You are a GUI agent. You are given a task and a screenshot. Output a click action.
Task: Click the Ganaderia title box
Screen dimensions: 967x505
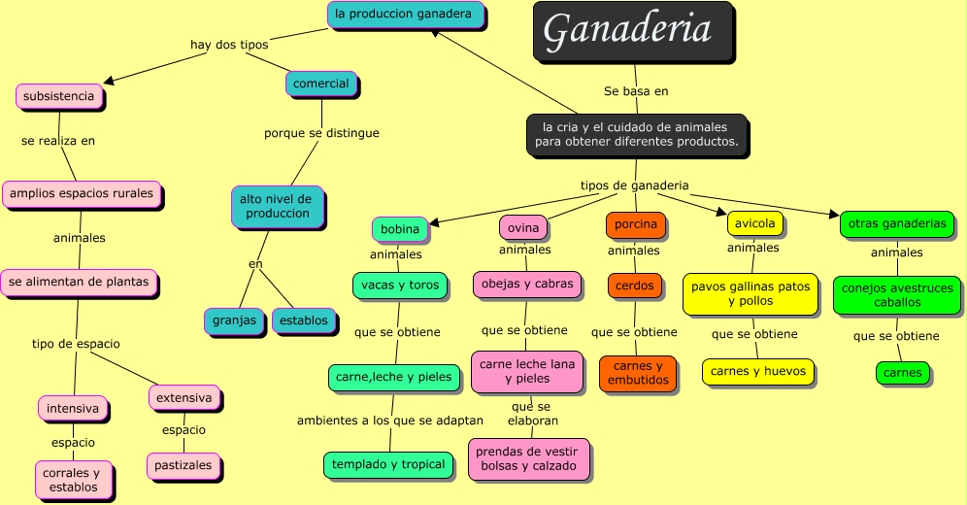(632, 31)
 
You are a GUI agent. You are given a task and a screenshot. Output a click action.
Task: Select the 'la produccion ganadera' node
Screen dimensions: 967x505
(403, 15)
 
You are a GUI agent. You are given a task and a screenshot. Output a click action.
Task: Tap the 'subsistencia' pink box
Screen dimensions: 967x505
(59, 96)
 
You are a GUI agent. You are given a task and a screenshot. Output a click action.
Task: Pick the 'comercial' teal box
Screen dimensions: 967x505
(321, 84)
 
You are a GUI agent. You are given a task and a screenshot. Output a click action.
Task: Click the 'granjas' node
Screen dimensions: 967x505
(234, 320)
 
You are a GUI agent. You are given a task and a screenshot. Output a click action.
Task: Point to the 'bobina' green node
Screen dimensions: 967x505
(400, 229)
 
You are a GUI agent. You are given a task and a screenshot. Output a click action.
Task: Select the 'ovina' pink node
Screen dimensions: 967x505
(523, 227)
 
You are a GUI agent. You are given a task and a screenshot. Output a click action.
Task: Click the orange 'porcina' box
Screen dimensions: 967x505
(636, 224)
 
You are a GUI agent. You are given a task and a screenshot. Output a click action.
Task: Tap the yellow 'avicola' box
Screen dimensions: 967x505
(754, 223)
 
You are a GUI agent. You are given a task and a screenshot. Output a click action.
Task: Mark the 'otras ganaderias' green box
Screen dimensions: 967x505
(896, 223)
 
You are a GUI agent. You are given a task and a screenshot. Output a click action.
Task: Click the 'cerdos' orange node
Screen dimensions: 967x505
(635, 286)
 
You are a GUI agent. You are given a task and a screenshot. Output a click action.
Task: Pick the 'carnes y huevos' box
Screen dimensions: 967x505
(757, 371)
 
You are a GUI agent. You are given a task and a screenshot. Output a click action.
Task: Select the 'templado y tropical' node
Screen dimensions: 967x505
(388, 464)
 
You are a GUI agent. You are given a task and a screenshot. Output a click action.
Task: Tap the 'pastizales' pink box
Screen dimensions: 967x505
(184, 465)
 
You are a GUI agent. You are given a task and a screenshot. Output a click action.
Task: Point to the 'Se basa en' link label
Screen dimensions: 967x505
(636, 91)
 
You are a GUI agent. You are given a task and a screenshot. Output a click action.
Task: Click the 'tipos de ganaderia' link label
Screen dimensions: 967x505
(635, 185)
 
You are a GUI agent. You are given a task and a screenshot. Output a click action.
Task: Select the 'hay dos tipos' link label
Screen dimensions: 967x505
(229, 45)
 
